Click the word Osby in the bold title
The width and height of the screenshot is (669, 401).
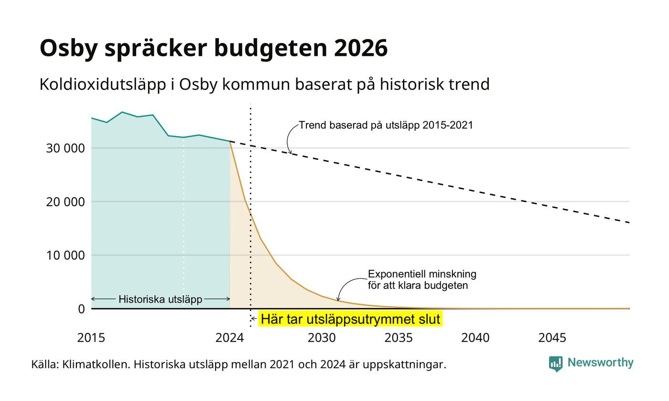(x=69, y=48)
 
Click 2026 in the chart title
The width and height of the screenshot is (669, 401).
(x=361, y=48)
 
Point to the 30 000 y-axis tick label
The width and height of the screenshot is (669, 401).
(x=65, y=148)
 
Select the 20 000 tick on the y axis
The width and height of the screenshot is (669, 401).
(x=65, y=201)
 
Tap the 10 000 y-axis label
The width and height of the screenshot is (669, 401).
(x=65, y=255)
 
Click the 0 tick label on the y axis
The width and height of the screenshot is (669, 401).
(x=82, y=309)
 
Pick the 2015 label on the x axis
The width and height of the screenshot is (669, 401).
(x=91, y=338)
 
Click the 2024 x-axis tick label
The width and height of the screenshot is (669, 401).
(x=230, y=338)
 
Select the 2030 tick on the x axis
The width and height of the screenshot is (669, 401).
(x=322, y=338)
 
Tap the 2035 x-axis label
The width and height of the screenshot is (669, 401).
(x=399, y=338)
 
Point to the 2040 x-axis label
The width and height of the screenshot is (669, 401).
(x=475, y=338)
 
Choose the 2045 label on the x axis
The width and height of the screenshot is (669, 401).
(x=552, y=338)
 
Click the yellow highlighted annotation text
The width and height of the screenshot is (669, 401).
(x=350, y=319)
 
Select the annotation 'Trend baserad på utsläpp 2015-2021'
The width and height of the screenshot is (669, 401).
(x=386, y=125)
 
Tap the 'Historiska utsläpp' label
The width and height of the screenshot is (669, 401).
(x=161, y=299)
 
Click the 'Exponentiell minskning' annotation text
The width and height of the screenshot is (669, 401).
(x=422, y=274)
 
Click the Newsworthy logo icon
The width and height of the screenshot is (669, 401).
(x=555, y=364)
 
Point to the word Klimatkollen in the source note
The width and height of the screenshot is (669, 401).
(x=96, y=365)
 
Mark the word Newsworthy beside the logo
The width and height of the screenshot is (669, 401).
(x=600, y=363)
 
